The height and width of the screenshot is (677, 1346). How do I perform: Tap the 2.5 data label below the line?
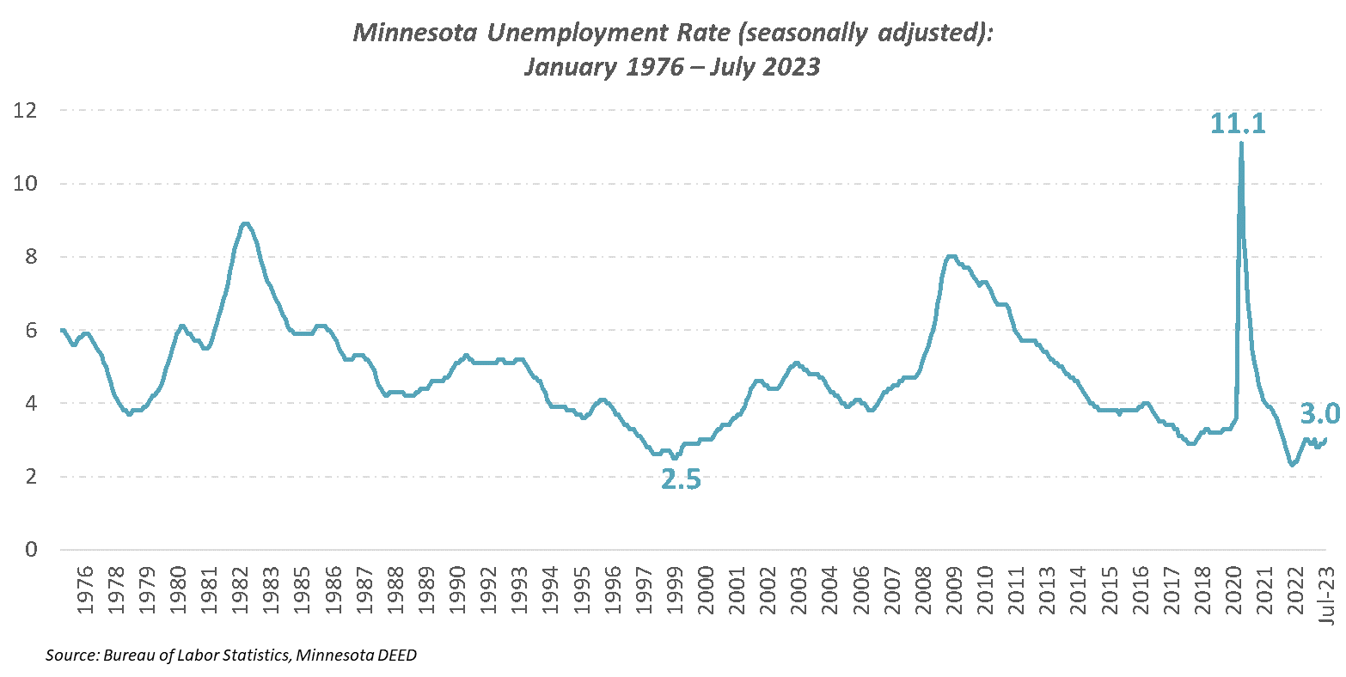coord(681,479)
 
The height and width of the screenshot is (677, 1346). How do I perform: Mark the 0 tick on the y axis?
coord(30,549)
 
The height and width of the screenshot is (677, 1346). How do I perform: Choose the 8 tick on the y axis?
coord(30,257)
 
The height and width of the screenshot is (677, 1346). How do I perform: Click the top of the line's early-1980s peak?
coord(246,223)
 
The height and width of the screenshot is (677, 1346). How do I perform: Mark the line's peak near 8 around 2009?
coord(951,255)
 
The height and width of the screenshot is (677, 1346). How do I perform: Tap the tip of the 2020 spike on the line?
coord(1241,143)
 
